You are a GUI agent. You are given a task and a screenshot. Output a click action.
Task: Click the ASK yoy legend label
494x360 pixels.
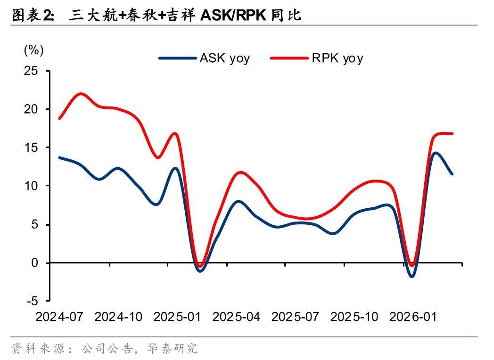tap(224, 58)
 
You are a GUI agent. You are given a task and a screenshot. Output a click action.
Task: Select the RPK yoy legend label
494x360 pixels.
tap(337, 58)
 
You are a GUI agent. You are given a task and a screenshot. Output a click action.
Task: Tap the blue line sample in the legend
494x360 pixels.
tap(177, 58)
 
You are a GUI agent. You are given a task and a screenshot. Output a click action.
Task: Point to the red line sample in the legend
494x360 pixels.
tap(289, 58)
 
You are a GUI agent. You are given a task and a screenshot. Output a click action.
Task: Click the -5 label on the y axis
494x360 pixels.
tap(32, 301)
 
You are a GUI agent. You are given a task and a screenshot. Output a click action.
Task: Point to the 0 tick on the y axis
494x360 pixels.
tap(34, 263)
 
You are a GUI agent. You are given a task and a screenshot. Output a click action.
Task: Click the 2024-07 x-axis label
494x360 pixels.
tap(59, 317)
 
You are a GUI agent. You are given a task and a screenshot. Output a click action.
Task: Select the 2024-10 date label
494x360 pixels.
tap(118, 317)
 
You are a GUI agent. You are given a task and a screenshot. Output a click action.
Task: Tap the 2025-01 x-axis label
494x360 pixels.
tap(177, 317)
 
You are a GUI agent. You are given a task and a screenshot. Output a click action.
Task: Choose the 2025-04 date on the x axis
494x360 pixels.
tap(236, 317)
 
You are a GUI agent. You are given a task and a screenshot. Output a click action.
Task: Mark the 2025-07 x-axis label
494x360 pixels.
tap(295, 317)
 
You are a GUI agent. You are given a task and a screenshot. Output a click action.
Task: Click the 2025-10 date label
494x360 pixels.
tap(354, 317)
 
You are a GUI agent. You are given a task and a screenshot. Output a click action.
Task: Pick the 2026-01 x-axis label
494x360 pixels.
tap(413, 317)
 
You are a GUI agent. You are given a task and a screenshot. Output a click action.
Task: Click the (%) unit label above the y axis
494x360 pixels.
tap(33, 50)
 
